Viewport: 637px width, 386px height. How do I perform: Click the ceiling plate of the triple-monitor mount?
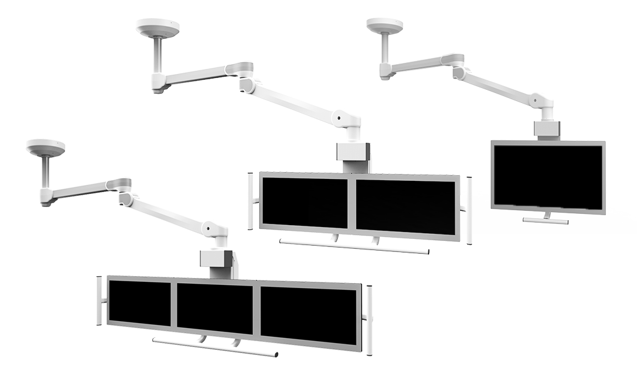point(46,147)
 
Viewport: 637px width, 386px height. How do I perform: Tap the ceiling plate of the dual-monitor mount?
point(158,27)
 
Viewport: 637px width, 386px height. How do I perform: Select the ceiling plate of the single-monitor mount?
point(385,25)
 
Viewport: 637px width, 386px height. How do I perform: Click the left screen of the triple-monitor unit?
point(139,302)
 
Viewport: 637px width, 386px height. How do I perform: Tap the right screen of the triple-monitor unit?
point(309,316)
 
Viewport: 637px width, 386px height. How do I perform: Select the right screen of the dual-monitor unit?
point(406,208)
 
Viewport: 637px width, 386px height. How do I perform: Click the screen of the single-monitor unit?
point(548,176)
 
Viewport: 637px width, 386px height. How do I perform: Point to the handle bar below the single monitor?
point(545,220)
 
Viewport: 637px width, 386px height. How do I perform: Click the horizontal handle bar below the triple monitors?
point(214,348)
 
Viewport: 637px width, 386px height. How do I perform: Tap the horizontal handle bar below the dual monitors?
point(353,246)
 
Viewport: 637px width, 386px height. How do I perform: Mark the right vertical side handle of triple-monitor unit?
point(370,320)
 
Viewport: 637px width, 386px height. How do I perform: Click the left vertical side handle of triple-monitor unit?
point(100,301)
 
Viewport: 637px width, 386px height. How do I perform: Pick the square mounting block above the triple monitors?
point(216,260)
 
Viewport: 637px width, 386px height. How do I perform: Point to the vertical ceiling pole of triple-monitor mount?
point(46,171)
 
